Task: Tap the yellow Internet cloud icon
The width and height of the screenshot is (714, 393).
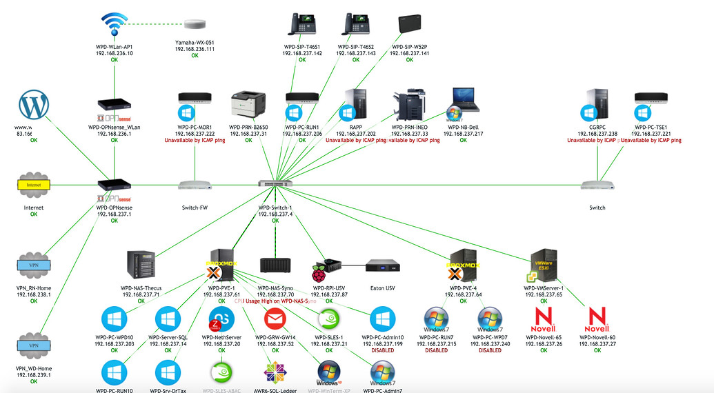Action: pyautogui.click(x=34, y=185)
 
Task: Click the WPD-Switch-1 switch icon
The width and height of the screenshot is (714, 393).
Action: pyautogui.click(x=275, y=184)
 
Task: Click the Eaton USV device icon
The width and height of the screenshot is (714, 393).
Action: pyautogui.click(x=382, y=265)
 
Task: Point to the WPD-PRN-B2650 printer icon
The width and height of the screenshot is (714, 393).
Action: pyautogui.click(x=248, y=105)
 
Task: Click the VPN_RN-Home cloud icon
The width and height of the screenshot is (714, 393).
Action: pyautogui.click(x=34, y=265)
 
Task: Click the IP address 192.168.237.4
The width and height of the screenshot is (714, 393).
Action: pyautogui.click(x=275, y=214)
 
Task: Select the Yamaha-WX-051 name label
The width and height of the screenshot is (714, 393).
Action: pyautogui.click(x=195, y=43)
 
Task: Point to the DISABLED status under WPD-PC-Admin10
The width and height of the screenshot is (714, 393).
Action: pyautogui.click(x=382, y=350)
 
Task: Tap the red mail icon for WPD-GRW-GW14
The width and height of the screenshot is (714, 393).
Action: pyautogui.click(x=275, y=319)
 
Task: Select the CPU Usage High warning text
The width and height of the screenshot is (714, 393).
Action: pyautogui.click(x=275, y=301)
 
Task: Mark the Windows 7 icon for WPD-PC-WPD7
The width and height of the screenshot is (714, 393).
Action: pyautogui.click(x=490, y=319)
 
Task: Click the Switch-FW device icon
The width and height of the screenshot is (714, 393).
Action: pyautogui.click(x=195, y=185)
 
